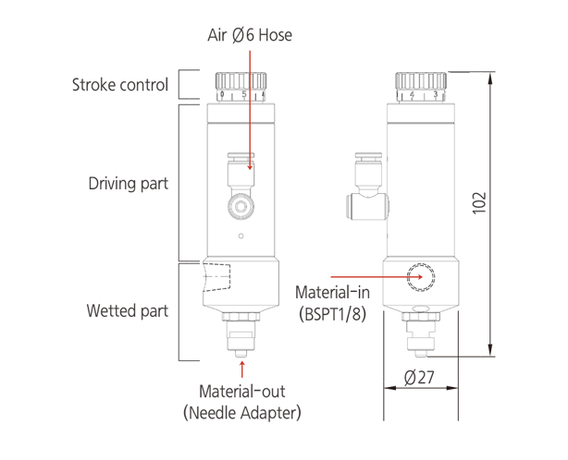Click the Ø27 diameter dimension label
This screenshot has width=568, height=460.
pos(421,376)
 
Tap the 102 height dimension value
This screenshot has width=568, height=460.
pos(477,203)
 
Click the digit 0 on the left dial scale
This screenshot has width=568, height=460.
pos(222,94)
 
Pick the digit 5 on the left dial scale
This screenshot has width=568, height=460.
pos(243,94)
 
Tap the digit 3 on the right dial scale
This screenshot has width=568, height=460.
pos(435,94)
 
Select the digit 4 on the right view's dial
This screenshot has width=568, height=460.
pos(411,94)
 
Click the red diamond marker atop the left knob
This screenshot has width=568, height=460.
pos(248,57)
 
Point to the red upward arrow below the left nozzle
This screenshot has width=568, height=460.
pos(242,369)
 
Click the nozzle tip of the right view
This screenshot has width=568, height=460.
pos(420,352)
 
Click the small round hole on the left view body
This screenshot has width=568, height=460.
pos(241,237)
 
